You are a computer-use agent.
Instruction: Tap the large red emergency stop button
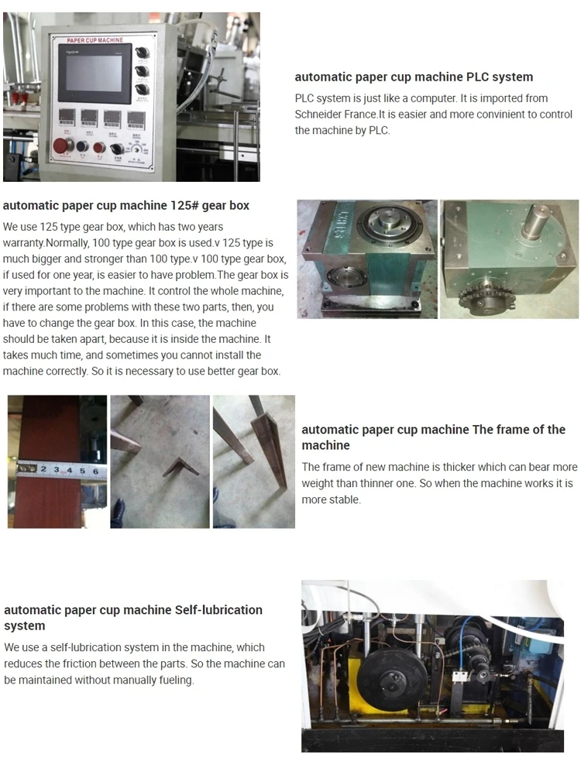pyautogui.click(x=60, y=147)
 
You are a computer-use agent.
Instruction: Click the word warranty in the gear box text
pyautogui.click(x=23, y=242)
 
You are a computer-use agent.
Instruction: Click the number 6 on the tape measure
pyautogui.click(x=95, y=470)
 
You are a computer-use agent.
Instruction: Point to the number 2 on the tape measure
pyautogui.click(x=44, y=470)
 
